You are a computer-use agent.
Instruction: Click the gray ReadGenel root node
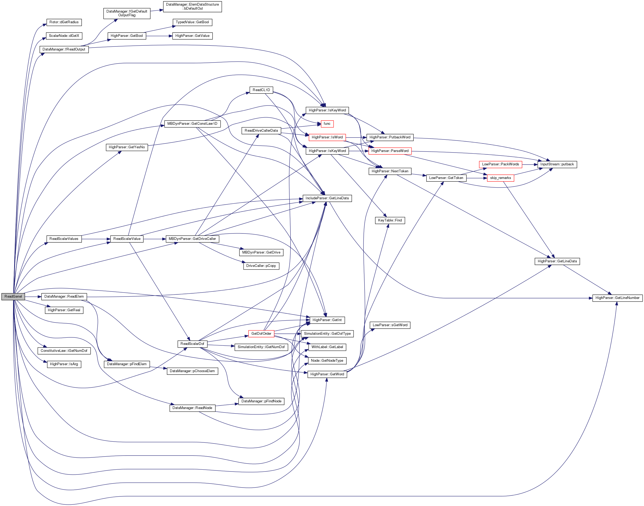point(13,296)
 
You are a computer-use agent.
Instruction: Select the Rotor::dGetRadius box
point(64,22)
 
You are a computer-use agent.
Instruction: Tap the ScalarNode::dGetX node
point(64,36)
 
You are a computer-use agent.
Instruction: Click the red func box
point(327,124)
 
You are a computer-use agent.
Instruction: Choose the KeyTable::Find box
point(390,220)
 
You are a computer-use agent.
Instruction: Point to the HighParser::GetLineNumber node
point(617,298)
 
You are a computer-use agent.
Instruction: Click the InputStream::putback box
point(557,164)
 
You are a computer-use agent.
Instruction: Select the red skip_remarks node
point(500,178)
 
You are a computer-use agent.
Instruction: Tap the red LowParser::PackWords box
point(500,164)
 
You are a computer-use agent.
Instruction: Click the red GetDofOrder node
point(261,334)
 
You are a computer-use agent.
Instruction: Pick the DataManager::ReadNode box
point(192,408)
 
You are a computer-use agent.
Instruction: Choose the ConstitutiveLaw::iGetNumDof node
point(64,351)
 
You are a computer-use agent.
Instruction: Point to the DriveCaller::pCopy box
point(261,266)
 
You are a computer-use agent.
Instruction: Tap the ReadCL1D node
point(261,90)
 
